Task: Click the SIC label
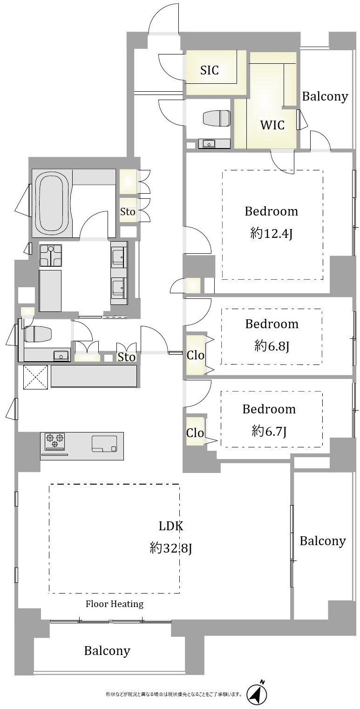209,70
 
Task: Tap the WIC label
272,125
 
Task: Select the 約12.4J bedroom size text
271,234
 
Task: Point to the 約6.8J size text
272,347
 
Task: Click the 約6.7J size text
269,432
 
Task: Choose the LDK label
170,526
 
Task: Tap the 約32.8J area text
170,548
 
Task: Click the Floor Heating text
115,604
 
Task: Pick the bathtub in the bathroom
53,203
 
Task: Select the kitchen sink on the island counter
104,444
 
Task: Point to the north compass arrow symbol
257,695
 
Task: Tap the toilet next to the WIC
217,118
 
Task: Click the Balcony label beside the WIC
325,96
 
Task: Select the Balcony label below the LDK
107,651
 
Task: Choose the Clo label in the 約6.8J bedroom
195,355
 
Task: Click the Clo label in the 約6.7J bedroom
195,432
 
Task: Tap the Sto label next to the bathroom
128,212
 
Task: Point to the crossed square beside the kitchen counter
35,377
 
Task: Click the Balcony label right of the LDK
323,541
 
